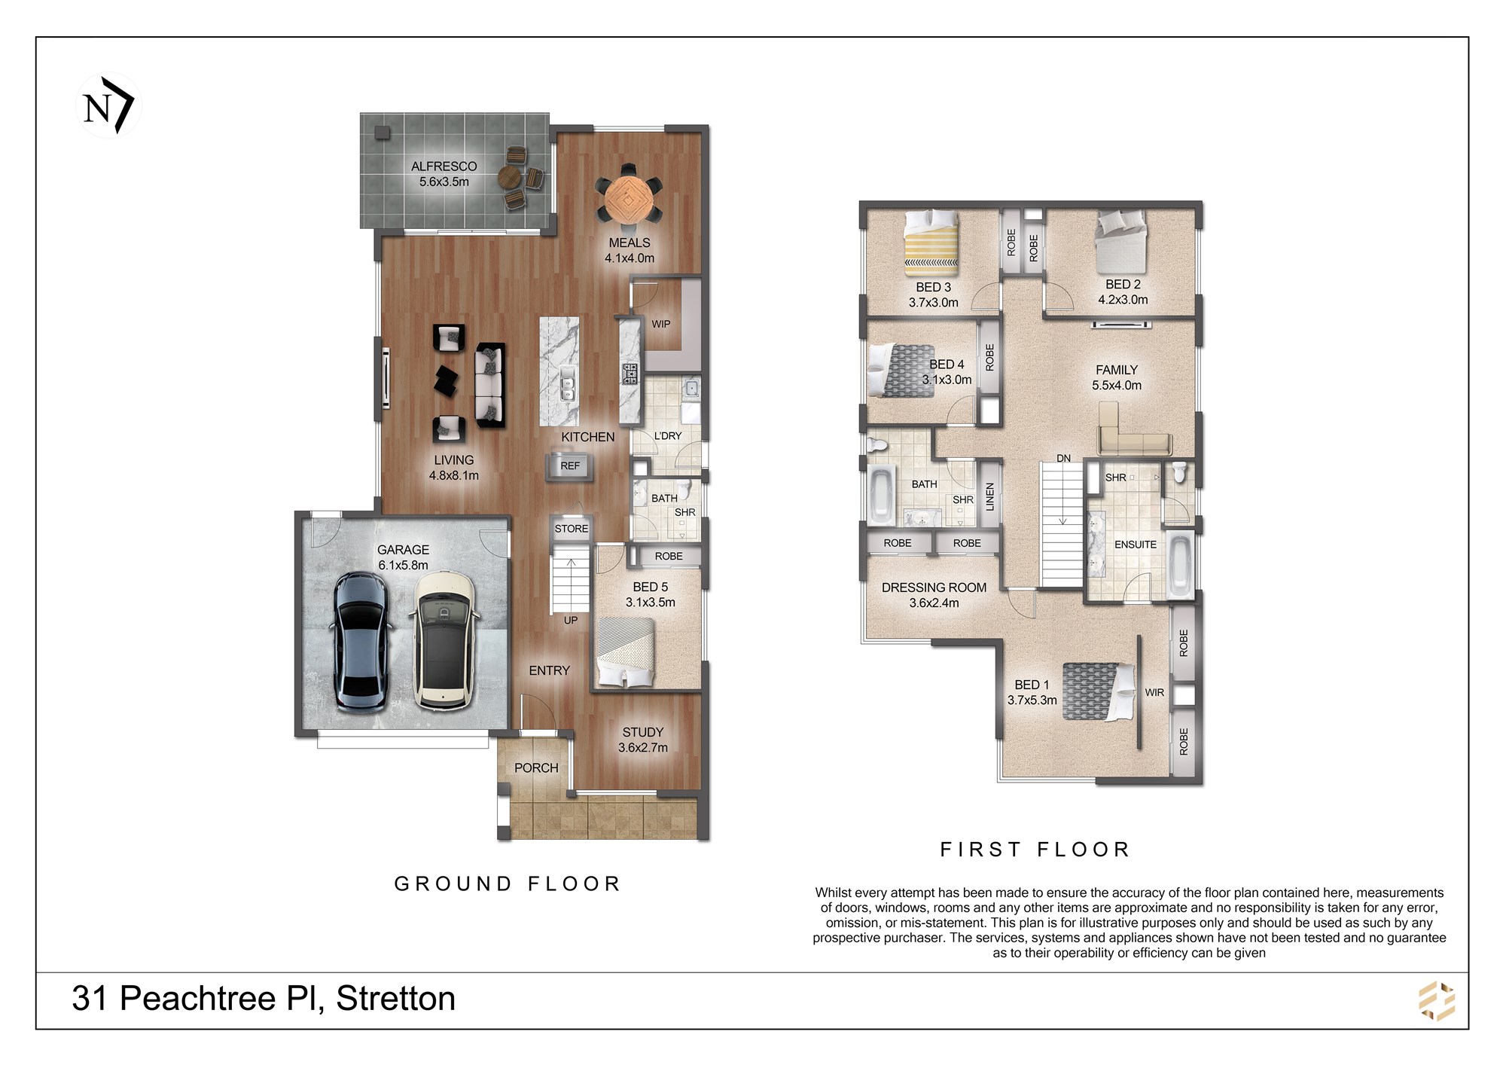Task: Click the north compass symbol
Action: (x=108, y=105)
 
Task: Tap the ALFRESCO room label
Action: (x=444, y=166)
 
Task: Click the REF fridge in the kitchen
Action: (x=570, y=466)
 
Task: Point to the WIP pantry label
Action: (x=661, y=324)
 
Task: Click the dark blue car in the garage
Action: (x=362, y=642)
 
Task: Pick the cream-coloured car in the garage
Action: (x=444, y=641)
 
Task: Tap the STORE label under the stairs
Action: (x=572, y=529)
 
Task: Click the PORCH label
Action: (x=536, y=767)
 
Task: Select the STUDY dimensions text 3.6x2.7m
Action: (x=643, y=747)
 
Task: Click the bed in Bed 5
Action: (x=626, y=652)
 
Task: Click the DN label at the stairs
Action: (x=1063, y=458)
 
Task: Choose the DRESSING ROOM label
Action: (x=934, y=587)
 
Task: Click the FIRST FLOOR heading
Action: (x=1035, y=850)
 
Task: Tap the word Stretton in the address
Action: (x=395, y=999)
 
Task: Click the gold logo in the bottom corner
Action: (x=1437, y=1001)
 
